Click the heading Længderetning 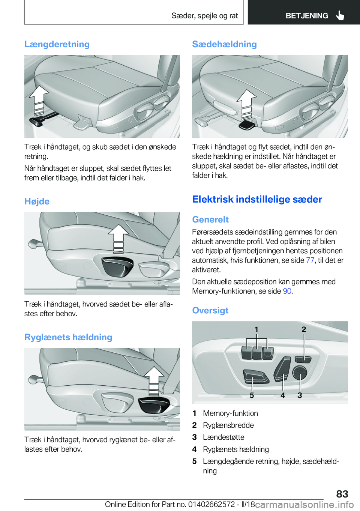[57, 44]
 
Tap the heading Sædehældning [224, 44]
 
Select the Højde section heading [37, 201]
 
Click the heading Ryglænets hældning [68, 337]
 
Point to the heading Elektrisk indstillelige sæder [257, 199]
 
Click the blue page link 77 [310, 260]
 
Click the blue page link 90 [287, 291]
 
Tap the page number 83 [342, 494]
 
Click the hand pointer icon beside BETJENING [340, 15]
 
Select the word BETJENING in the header [307, 16]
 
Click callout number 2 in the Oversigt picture [304, 329]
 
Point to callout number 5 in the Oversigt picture [252, 395]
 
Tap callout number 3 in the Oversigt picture [300, 395]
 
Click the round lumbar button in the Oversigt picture [300, 373]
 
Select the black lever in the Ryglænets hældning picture [154, 405]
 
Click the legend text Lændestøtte [223, 437]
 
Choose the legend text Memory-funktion [230, 413]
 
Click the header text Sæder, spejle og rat [204, 16]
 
